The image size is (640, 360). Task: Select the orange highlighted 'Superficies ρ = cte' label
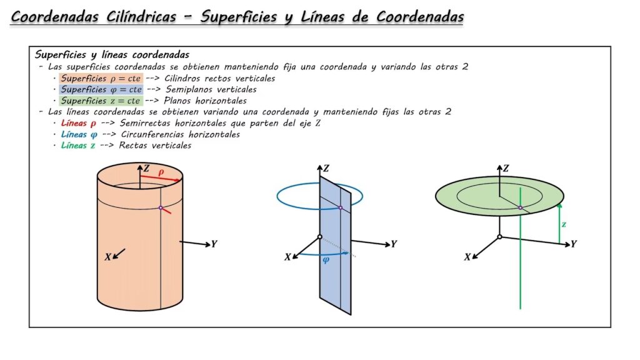click(101, 79)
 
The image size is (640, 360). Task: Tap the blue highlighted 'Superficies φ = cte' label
click(101, 89)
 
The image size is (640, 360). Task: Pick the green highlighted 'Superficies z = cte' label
click(101, 101)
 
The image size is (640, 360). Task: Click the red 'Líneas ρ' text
click(78, 123)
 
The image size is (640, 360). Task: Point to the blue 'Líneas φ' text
click(79, 134)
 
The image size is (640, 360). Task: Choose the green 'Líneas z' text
click(78, 146)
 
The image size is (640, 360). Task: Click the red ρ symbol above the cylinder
click(161, 171)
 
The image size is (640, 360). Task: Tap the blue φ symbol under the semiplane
click(326, 260)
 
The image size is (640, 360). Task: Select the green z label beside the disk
click(564, 223)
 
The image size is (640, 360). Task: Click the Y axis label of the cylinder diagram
click(214, 244)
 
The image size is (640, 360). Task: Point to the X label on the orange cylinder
click(108, 257)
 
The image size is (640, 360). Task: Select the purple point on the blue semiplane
click(340, 207)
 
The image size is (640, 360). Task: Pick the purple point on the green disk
click(520, 207)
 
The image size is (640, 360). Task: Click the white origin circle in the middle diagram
click(319, 237)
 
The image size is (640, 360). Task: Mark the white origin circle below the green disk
click(499, 237)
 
